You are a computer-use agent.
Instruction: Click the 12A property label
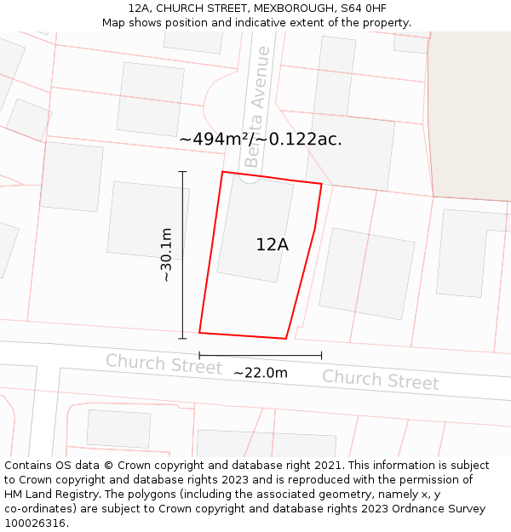tap(272, 245)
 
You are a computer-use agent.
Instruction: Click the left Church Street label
tap(164, 364)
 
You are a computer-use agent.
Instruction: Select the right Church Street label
tap(380, 380)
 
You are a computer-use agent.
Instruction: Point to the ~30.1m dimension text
tap(166, 255)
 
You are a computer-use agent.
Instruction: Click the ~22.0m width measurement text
tap(260, 373)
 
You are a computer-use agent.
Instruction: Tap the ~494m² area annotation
tap(260, 140)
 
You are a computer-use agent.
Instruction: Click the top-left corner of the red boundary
tap(223, 173)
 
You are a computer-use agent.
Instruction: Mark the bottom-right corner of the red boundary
tap(285, 338)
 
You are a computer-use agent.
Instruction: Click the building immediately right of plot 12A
tap(366, 272)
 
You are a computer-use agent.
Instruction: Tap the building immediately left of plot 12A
tap(146, 219)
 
